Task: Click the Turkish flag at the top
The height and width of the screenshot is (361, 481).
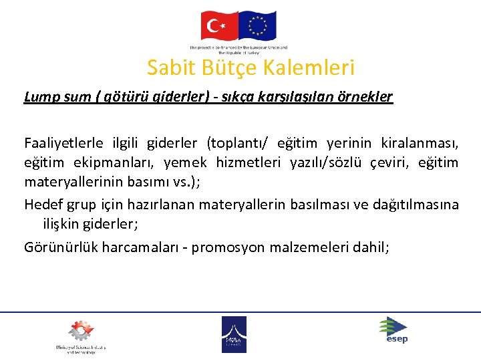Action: coord(219,26)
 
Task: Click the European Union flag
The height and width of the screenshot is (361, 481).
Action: coord(257,26)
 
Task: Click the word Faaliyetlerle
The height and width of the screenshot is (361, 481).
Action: coord(63,143)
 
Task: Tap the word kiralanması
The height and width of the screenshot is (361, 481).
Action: coord(420,143)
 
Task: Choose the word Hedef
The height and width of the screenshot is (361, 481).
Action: coord(43,205)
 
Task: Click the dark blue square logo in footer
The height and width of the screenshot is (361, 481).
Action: coord(234,334)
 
